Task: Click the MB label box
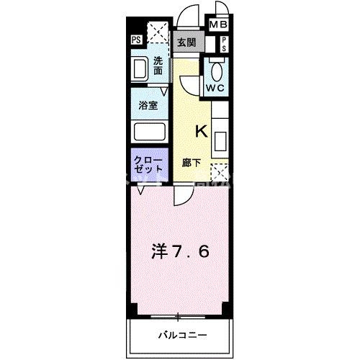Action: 218,24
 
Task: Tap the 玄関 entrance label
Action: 186,42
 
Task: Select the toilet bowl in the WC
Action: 217,71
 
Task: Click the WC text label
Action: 215,88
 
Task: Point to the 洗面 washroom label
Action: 158,66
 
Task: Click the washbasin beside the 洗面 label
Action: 140,69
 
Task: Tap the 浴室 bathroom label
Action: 148,106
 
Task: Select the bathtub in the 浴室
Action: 150,132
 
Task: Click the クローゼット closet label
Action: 148,164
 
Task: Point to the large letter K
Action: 202,131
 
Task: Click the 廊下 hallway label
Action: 191,163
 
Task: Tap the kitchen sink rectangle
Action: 220,141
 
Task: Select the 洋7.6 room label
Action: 180,251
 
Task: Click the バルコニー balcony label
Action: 182,335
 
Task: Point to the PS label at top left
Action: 136,40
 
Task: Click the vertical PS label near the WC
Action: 224,44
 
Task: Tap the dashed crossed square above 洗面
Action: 158,32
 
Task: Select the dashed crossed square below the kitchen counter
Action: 220,173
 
